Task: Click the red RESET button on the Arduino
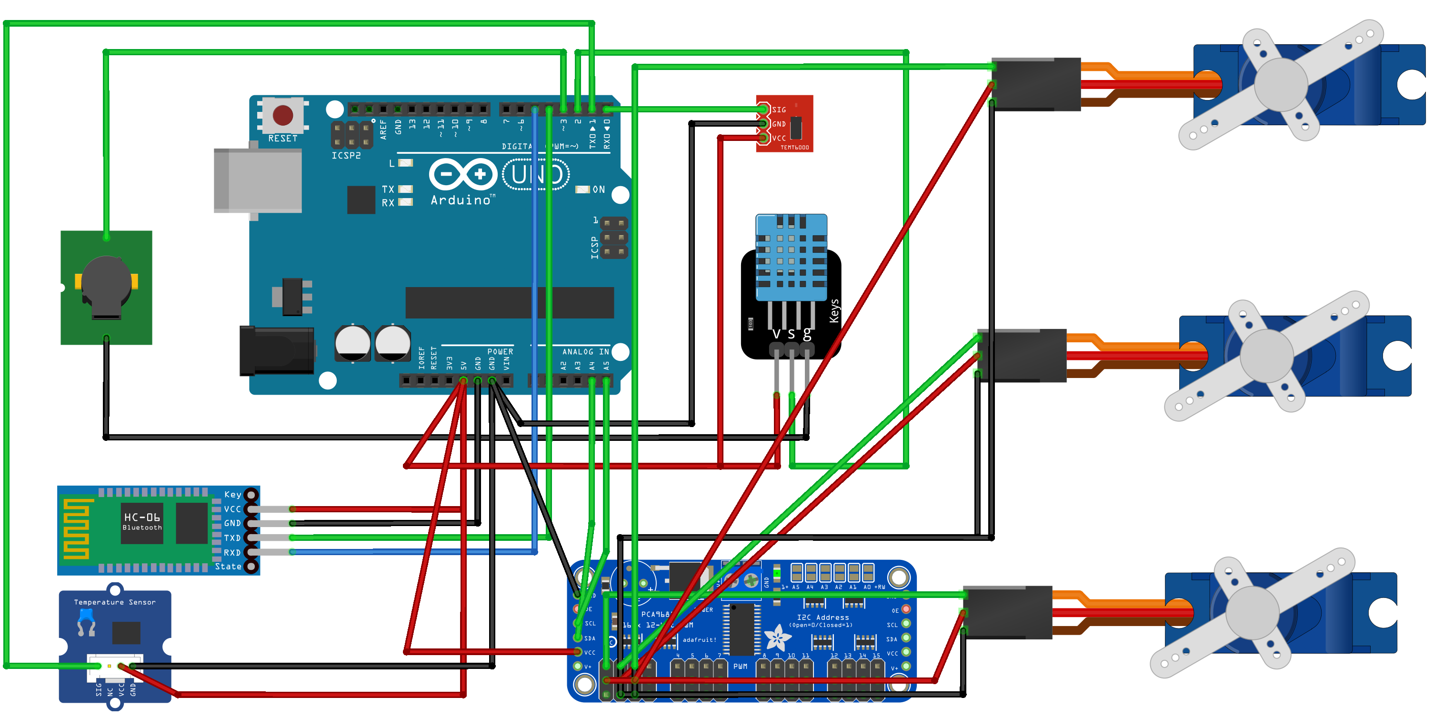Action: click(282, 115)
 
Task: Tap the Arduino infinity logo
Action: click(463, 174)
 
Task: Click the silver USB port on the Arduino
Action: click(258, 180)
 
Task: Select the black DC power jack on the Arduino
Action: click(276, 351)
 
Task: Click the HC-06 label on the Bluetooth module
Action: click(142, 517)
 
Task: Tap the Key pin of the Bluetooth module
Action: click(251, 495)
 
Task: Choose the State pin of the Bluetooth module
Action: click(251, 567)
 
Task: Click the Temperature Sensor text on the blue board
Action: click(115, 602)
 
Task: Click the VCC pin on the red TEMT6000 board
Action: click(763, 138)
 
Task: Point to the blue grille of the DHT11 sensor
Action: click(791, 258)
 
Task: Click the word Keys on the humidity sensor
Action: click(834, 311)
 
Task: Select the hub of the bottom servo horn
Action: click(1252, 613)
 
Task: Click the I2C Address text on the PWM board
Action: click(822, 617)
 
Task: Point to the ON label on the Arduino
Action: click(599, 190)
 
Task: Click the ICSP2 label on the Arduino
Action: click(346, 156)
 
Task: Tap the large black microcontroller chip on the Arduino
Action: click(509, 302)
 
